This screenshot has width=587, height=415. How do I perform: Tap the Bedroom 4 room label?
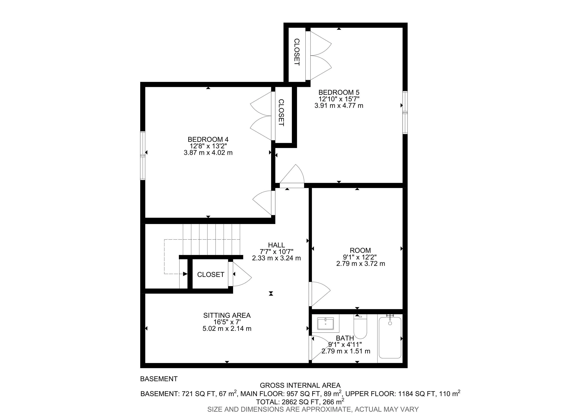point(208,139)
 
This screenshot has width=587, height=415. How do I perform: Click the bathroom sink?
point(325,324)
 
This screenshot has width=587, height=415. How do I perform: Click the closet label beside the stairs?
point(210,275)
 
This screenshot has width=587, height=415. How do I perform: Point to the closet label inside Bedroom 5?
point(297,52)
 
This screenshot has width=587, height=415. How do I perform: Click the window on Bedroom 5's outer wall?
point(405,113)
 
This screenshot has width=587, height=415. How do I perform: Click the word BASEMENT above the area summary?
point(159,379)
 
